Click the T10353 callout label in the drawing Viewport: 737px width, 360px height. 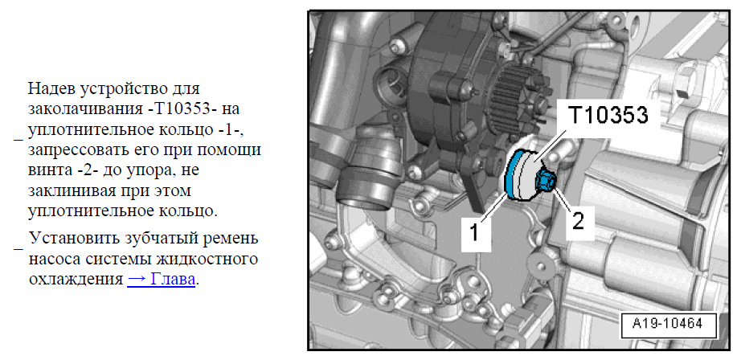(608, 115)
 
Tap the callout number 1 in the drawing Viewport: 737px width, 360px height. (476, 232)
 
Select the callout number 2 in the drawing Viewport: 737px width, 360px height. (577, 219)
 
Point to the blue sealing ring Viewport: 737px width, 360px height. (512, 176)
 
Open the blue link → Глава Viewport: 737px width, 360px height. (161, 280)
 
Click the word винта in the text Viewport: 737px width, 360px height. (49, 170)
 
